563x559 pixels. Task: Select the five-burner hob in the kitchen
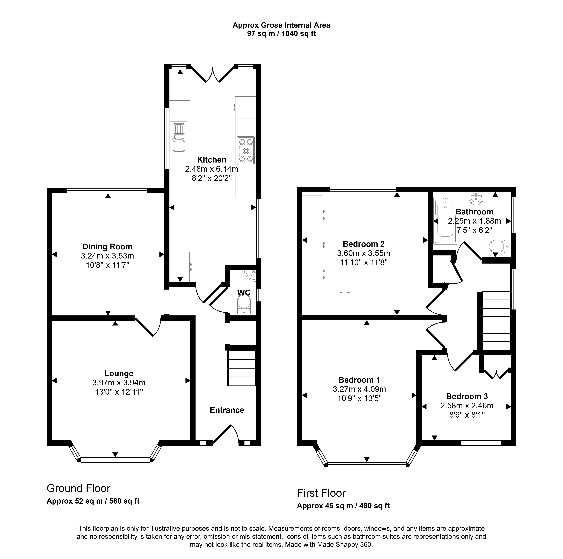point(246,151)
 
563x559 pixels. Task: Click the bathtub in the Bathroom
point(445,220)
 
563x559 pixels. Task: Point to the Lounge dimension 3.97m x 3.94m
point(119,383)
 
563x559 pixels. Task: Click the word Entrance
point(227,410)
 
